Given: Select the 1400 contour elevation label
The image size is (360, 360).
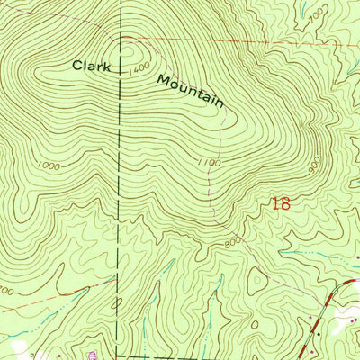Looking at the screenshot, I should point(138,69).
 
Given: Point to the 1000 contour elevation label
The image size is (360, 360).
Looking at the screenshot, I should point(52,166).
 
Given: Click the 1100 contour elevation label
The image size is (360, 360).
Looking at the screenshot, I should point(207,162).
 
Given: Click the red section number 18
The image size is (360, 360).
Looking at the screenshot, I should point(280,204).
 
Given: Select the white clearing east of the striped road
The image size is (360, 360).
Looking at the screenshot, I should point(346,319).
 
